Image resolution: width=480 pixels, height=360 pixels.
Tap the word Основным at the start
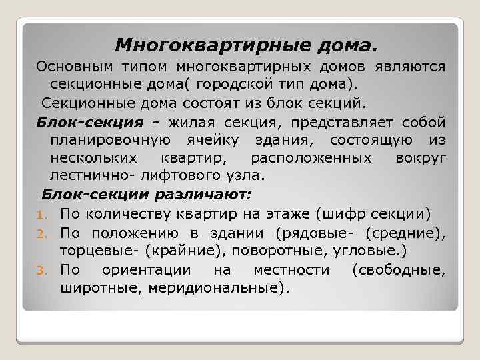[75, 67]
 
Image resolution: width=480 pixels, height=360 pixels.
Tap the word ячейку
[213, 140]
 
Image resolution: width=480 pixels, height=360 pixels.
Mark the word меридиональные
[221, 287]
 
